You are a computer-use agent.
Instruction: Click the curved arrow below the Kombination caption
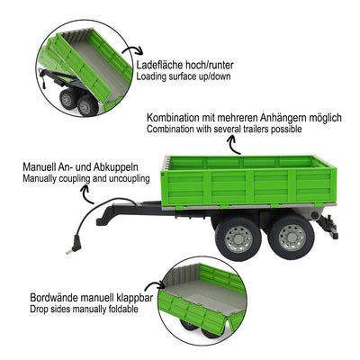(236, 145)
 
